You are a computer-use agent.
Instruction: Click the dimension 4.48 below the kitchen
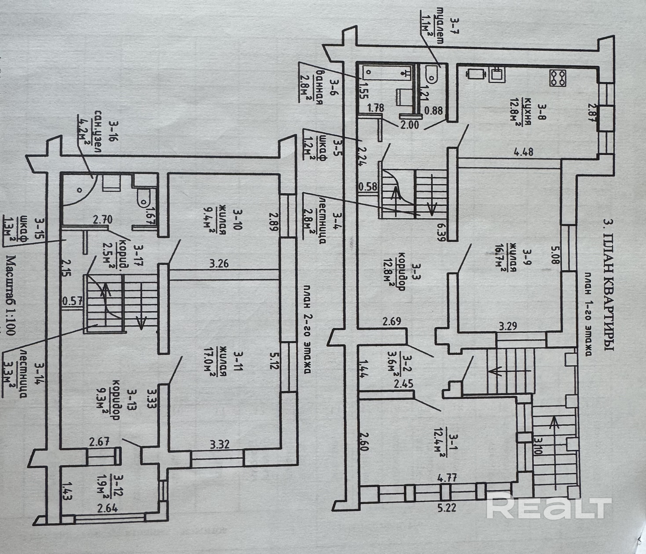[x=524, y=152]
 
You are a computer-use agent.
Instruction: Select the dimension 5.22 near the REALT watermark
[x=447, y=507]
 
